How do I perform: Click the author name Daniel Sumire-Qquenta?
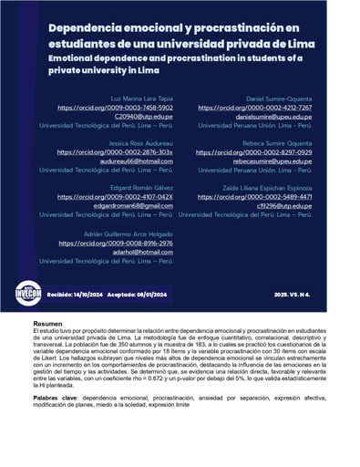click(x=279, y=98)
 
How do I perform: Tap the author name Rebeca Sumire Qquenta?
click(x=279, y=142)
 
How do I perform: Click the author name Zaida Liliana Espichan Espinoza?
click(x=264, y=186)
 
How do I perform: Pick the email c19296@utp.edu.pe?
click(x=284, y=206)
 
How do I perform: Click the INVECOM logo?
click(x=28, y=294)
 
